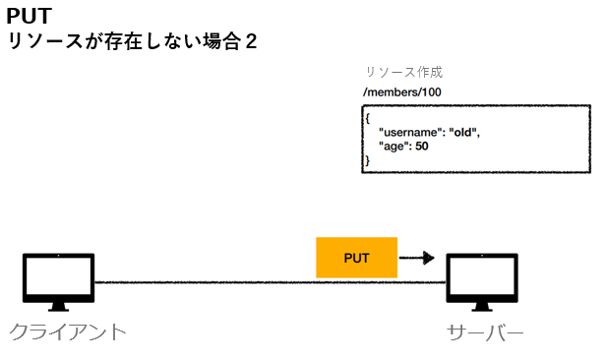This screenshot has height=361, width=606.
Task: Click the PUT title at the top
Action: click(30, 17)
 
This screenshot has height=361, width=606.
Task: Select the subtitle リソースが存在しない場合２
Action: click(132, 43)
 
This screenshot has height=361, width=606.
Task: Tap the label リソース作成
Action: click(403, 73)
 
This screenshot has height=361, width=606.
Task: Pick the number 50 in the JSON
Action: click(422, 147)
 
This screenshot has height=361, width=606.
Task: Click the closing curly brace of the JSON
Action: click(367, 159)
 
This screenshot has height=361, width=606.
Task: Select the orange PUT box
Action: click(356, 258)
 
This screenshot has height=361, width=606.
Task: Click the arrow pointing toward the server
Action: click(417, 259)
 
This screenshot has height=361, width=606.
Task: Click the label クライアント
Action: click(68, 331)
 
